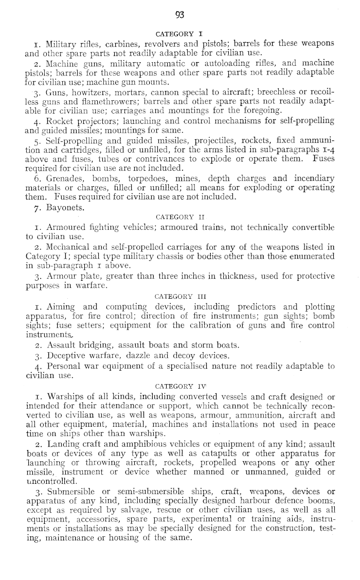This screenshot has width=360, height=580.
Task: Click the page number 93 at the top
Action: point(180,15)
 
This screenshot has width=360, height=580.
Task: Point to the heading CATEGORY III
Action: point(180,296)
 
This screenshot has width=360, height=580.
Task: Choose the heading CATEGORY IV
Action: point(180,383)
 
